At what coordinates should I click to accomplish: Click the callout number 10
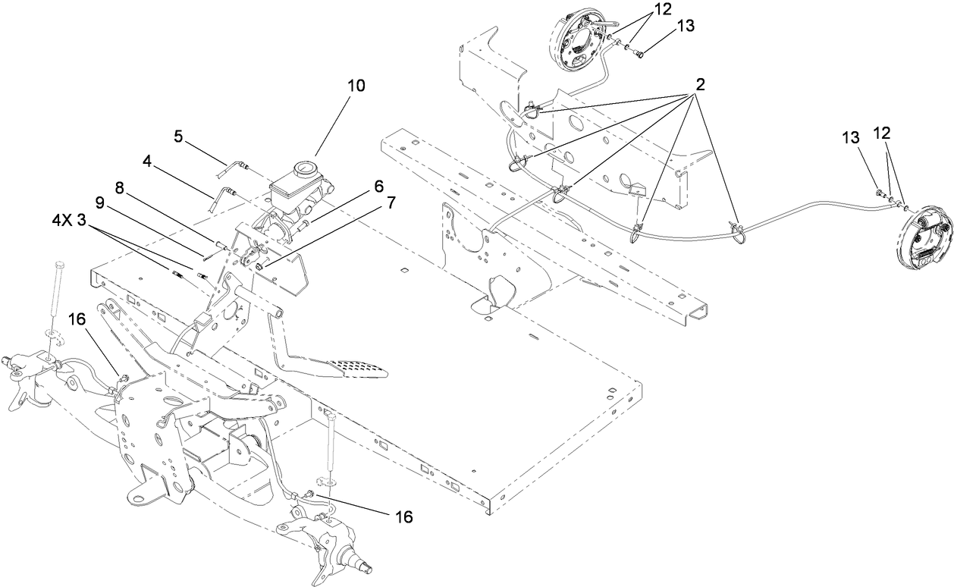pyautogui.click(x=356, y=86)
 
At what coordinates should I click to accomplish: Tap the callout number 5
pyautogui.click(x=178, y=137)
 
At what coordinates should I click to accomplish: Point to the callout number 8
pyautogui.click(x=120, y=187)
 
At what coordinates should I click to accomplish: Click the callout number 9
pyautogui.click(x=99, y=202)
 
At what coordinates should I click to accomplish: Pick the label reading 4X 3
pyautogui.click(x=74, y=221)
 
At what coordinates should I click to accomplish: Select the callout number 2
pyautogui.click(x=699, y=84)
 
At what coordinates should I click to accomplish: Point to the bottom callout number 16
pyautogui.click(x=403, y=516)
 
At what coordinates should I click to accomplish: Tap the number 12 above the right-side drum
pyautogui.click(x=881, y=132)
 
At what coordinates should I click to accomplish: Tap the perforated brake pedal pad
pyautogui.click(x=356, y=368)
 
